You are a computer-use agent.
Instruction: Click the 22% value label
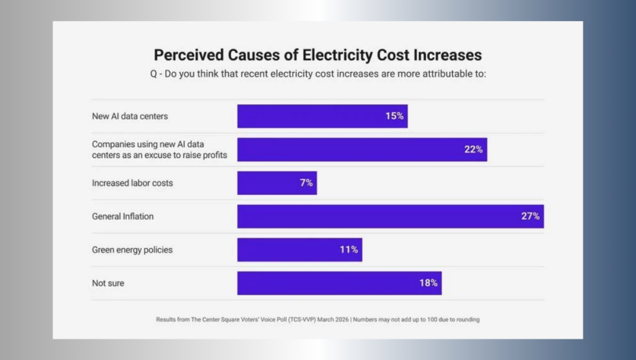click(x=473, y=150)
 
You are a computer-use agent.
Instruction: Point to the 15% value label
click(x=394, y=116)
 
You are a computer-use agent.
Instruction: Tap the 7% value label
click(x=306, y=183)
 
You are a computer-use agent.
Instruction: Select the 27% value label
click(x=530, y=217)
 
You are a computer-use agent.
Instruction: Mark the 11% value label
click(x=349, y=250)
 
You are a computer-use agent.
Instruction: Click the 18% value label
click(x=429, y=283)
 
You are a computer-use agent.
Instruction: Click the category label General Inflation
click(x=123, y=217)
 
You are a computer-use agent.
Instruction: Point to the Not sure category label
click(x=108, y=284)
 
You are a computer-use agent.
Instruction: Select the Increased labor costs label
click(x=132, y=183)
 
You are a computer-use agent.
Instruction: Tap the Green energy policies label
click(x=132, y=250)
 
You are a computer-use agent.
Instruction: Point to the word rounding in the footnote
click(x=466, y=320)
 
